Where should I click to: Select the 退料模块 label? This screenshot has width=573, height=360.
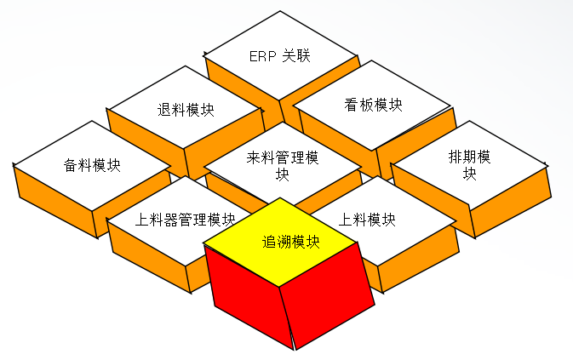coord(186,111)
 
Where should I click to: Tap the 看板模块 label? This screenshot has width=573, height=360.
coord(373,105)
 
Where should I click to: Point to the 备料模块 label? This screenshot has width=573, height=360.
coord(92,165)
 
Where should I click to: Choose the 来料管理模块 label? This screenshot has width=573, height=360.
coord(283,165)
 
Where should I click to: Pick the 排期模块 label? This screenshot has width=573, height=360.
coord(469,165)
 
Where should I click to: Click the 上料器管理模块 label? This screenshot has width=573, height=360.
coord(186,219)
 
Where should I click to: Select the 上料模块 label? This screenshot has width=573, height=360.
coord(367,219)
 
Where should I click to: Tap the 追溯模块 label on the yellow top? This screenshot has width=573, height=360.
coord(290,242)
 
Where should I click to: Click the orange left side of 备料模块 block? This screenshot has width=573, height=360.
coord(51,191)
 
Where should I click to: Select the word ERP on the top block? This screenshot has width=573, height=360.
coord(263,57)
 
